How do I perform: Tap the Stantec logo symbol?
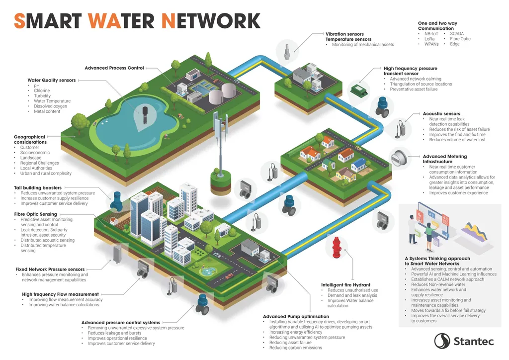[x=442, y=341]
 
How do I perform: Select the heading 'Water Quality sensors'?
[x=52, y=80]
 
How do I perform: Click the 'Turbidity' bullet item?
[x=42, y=96]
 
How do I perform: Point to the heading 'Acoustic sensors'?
[x=441, y=114]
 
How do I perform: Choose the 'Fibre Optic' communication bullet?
[x=460, y=39]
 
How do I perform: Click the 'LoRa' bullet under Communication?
[x=429, y=39]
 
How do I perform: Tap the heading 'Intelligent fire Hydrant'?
[x=345, y=285]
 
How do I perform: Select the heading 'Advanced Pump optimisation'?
[x=296, y=316]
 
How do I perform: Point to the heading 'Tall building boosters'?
[x=38, y=188]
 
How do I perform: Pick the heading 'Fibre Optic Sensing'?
[x=36, y=214]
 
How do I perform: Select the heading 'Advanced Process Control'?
[x=114, y=68]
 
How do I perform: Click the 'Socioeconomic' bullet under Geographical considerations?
[x=35, y=153]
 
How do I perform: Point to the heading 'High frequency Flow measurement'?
[x=61, y=294]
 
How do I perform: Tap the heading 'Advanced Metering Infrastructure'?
[x=445, y=159]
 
